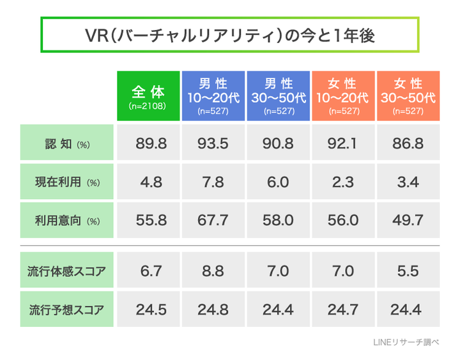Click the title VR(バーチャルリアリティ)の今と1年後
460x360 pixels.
click(230, 36)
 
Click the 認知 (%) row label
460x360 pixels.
click(66, 144)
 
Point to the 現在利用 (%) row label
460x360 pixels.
click(66, 182)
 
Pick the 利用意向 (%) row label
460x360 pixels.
click(66, 221)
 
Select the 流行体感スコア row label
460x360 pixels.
click(66, 271)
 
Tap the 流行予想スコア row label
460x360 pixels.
click(66, 310)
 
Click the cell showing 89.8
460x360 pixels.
click(151, 144)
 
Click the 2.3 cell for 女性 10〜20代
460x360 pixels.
click(342, 182)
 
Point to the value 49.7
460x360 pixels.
click(408, 221)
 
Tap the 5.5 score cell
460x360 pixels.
click(408, 271)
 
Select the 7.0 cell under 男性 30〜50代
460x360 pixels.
click(278, 271)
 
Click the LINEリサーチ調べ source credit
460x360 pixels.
click(406, 343)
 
